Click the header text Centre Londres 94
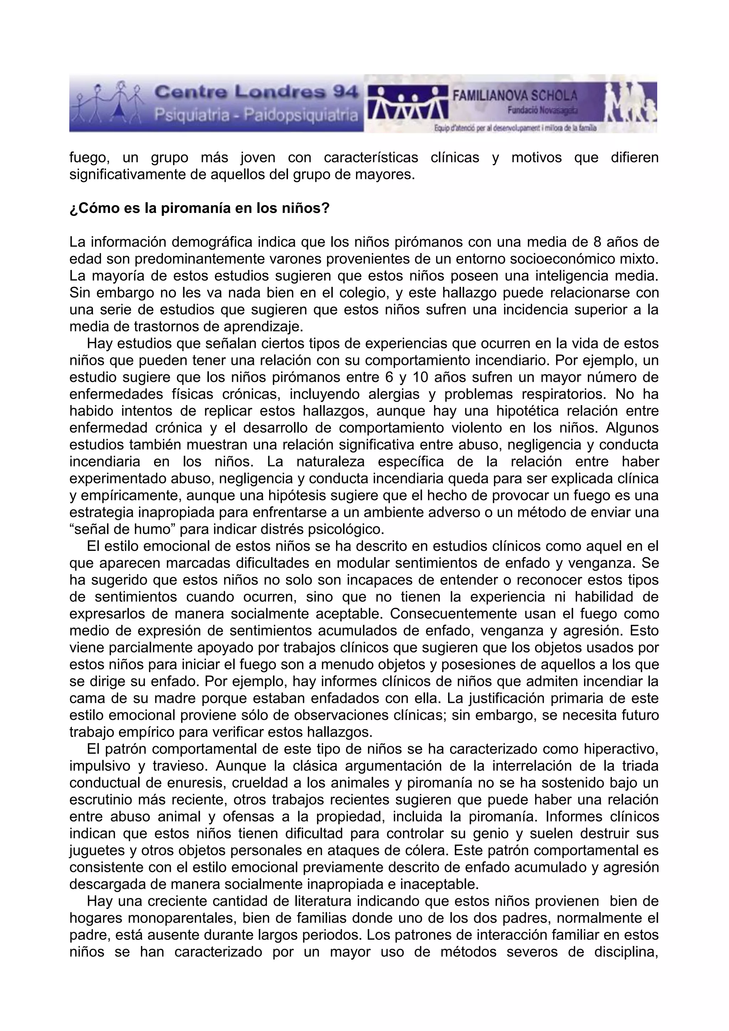click(x=256, y=93)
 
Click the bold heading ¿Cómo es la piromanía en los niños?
click(x=200, y=209)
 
